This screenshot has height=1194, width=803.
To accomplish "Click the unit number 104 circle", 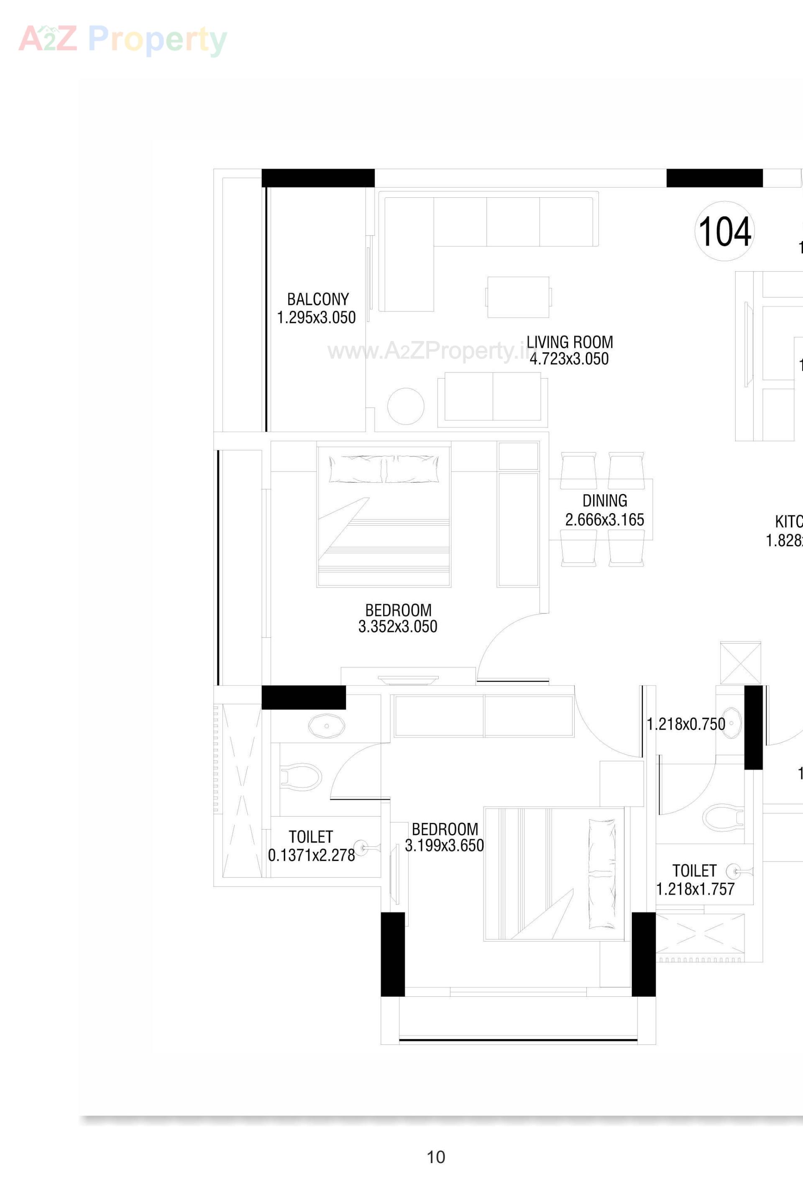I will point(724,232).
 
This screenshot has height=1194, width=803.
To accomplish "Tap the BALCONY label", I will point(317,299).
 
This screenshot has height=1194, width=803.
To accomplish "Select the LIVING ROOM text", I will point(570,342).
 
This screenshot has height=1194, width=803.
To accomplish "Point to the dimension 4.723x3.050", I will point(569,359).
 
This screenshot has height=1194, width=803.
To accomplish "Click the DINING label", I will point(604,501).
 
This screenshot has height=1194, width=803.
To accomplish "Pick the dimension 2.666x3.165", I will point(604,519).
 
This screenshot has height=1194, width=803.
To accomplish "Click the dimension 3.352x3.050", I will point(397,626).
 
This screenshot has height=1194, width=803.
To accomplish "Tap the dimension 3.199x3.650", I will point(444,845).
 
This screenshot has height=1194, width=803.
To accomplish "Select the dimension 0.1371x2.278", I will point(311,855).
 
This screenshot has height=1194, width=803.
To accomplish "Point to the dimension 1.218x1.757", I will point(695,889).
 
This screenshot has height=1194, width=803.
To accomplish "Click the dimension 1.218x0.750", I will point(686,724).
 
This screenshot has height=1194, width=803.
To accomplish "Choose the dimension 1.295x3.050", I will point(316,317).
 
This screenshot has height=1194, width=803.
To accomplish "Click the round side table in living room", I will point(406,406).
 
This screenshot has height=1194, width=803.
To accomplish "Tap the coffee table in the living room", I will point(518,297).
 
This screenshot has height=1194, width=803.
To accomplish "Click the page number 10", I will point(436,1157).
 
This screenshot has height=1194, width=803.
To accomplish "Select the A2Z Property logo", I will point(123,39).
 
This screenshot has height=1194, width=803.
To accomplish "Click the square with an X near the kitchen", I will point(740,663).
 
